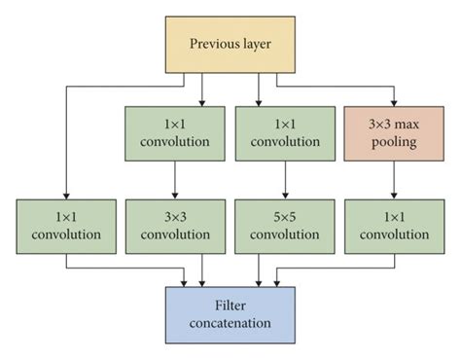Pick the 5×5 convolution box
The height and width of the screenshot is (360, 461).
click(284, 226)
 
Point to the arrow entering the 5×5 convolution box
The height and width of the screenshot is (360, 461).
click(284, 185)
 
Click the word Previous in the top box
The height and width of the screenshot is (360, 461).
click(212, 45)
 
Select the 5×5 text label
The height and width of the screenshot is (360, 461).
click(284, 216)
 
